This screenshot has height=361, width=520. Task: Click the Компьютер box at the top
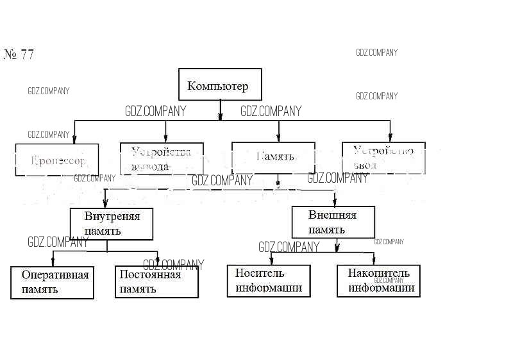220,84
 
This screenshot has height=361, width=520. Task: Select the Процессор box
57,160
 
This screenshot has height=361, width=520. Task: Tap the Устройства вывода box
162,158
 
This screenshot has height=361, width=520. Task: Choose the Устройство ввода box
383,158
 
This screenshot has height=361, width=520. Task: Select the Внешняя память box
333,222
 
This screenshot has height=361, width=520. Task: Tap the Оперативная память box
52,282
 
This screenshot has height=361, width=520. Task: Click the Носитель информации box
269,281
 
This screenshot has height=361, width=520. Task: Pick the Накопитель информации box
378,281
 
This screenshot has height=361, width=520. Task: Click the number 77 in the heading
27,55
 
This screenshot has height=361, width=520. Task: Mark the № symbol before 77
10,55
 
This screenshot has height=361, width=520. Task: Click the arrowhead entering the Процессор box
75,139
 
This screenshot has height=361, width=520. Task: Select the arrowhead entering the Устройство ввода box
390,137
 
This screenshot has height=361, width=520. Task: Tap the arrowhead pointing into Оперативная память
53,262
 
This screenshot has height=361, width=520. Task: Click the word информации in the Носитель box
269,288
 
